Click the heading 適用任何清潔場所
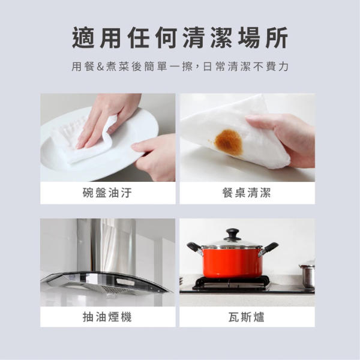coord(180,38)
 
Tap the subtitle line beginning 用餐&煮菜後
coord(180,67)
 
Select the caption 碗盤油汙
coord(108,193)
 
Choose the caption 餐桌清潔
coord(247,193)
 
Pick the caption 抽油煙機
coord(108,317)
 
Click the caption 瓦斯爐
coord(247,317)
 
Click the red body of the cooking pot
coord(232,262)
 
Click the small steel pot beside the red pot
coord(307,275)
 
